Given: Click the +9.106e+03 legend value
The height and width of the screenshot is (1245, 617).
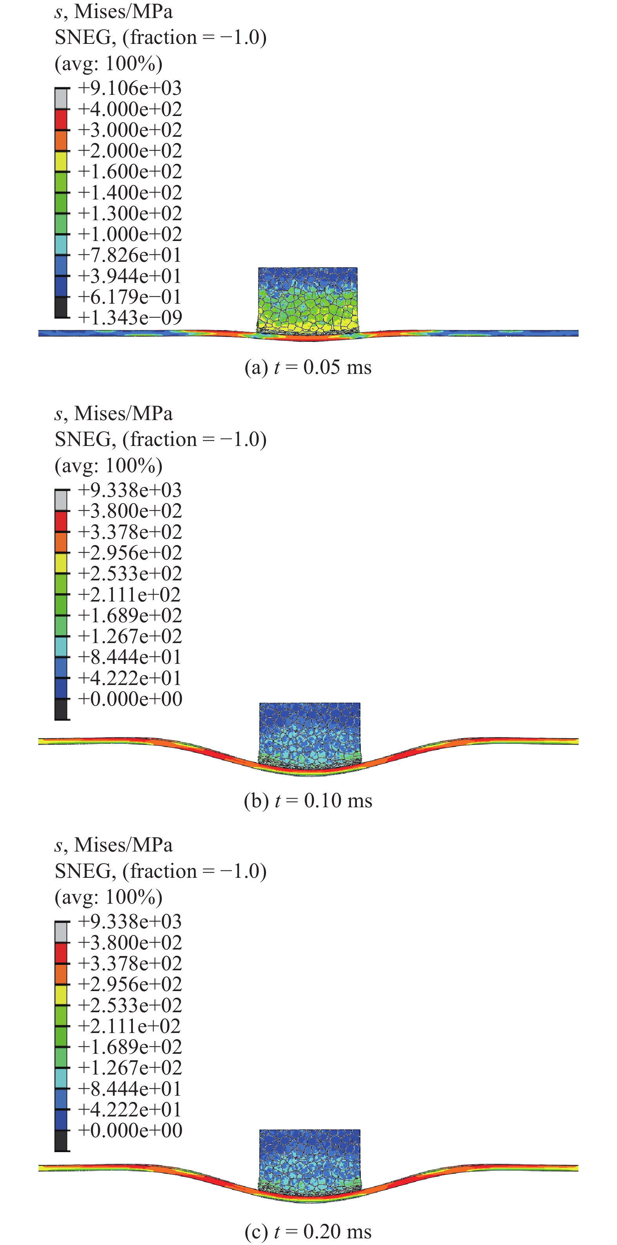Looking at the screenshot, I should click(x=130, y=89).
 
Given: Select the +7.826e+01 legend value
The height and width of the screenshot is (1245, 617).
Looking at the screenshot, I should click(x=130, y=255).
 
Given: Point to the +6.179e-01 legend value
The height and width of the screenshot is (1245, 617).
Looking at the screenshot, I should click(x=130, y=297).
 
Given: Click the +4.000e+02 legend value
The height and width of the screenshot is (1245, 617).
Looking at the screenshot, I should click(x=130, y=109).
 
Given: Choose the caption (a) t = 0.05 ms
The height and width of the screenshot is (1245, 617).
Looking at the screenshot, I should click(x=308, y=367).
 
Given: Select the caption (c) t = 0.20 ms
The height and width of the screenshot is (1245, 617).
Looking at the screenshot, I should click(x=308, y=1231).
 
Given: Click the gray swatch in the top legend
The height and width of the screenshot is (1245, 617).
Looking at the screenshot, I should click(x=62, y=99).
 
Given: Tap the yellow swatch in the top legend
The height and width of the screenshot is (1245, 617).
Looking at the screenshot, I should click(x=62, y=161).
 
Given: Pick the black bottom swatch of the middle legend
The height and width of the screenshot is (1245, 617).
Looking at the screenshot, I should click(x=62, y=709).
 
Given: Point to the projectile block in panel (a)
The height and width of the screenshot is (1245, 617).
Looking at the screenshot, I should click(x=308, y=300).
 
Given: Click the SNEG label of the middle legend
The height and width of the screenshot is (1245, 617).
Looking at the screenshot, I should click(x=85, y=439).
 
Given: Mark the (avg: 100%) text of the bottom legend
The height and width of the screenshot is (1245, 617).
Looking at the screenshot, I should click(x=109, y=897).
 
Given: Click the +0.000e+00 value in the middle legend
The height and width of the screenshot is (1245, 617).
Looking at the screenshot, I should click(x=130, y=699).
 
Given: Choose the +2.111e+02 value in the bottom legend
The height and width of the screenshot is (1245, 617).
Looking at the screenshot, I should click(x=130, y=1026).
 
